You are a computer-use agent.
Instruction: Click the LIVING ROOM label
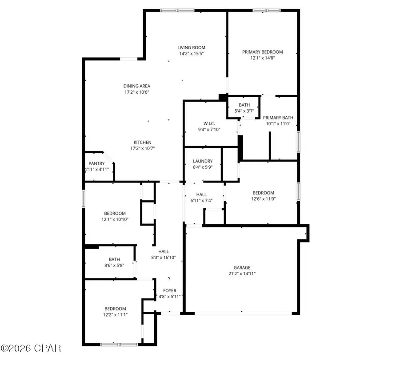[x=191, y=48]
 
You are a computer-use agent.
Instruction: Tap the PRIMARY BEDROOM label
[x=262, y=52]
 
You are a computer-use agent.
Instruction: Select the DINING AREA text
[x=136, y=86]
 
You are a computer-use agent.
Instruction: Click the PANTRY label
[x=96, y=163]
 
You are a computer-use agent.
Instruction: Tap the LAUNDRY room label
[x=203, y=161]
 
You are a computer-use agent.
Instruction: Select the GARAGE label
[x=242, y=268]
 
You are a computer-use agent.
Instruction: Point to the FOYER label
[x=169, y=290]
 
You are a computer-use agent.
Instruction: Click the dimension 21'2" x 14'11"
[x=242, y=274]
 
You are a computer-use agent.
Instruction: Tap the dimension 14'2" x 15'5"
[x=191, y=53]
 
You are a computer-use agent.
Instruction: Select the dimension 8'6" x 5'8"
[x=114, y=266]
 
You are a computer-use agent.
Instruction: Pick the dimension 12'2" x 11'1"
[x=115, y=314]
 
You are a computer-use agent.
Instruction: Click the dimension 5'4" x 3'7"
[x=244, y=111]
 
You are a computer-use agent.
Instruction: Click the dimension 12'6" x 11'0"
[x=263, y=198]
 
